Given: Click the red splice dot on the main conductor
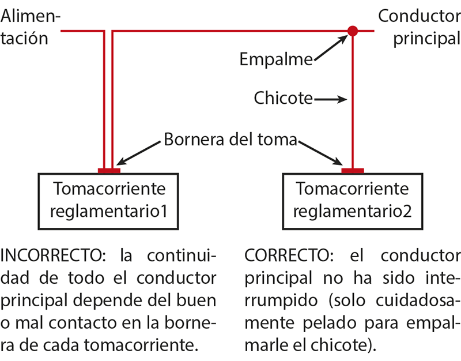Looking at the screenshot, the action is (353, 31).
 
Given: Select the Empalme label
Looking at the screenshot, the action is (276, 59).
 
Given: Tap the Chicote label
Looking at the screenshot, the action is (283, 97).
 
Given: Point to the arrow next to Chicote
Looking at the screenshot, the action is (331, 99).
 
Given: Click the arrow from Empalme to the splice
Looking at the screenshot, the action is (331, 48).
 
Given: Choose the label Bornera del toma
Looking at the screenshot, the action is (230, 139).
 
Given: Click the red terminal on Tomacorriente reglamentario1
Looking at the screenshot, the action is (109, 171).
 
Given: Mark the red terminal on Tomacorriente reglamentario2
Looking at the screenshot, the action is (353, 171).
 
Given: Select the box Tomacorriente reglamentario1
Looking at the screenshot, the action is (108, 201).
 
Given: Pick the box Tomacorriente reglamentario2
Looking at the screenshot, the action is (353, 201).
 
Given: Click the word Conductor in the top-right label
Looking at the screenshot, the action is (420, 16).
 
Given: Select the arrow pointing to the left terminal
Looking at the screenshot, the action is (138, 153).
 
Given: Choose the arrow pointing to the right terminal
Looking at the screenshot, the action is (320, 153).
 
